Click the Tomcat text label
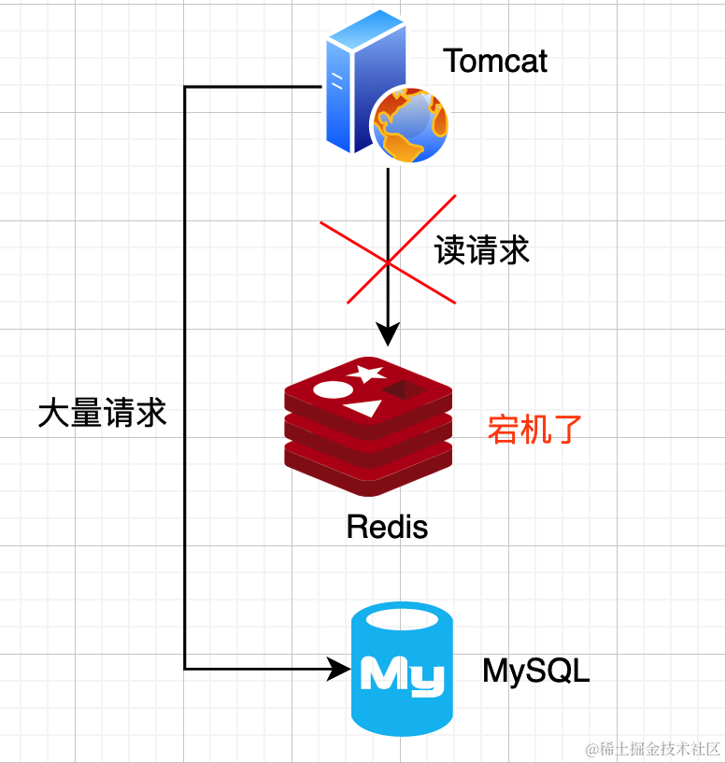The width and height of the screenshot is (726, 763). coord(494,62)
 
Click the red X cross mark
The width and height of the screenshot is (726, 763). coord(388,249)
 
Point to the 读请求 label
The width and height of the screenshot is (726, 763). coord(482,250)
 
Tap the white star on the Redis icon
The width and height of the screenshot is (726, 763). coord(366,374)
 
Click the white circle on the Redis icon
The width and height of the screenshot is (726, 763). coord(332,389)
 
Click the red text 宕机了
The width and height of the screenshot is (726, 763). coord(535,430)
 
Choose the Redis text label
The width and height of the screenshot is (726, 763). coord(387,527)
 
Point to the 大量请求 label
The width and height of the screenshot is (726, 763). coord(102,414)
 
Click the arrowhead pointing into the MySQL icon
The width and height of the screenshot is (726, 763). coord(337,669)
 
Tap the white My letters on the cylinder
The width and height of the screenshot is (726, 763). coord(402,673)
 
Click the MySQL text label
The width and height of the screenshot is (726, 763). coord(536,671)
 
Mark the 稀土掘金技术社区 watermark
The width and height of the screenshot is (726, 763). coord(653,749)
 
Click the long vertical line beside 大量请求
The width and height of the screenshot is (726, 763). coord(185,374)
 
